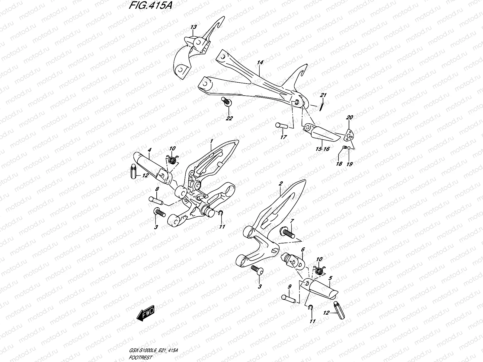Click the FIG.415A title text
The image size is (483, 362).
click(x=150, y=6)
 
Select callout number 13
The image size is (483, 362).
click(x=194, y=27)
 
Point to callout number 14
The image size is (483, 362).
click(x=260, y=62)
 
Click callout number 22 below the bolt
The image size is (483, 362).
click(x=229, y=118)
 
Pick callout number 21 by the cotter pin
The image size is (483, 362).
click(x=323, y=95)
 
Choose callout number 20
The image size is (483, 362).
click(x=350, y=117)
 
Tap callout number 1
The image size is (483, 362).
click(x=212, y=141)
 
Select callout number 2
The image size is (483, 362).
click(x=280, y=183)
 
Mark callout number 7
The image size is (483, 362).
click(x=292, y=222)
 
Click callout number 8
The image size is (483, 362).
click(x=157, y=189)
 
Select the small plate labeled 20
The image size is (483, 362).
click(x=350, y=135)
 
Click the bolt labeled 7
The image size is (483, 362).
click(x=288, y=233)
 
